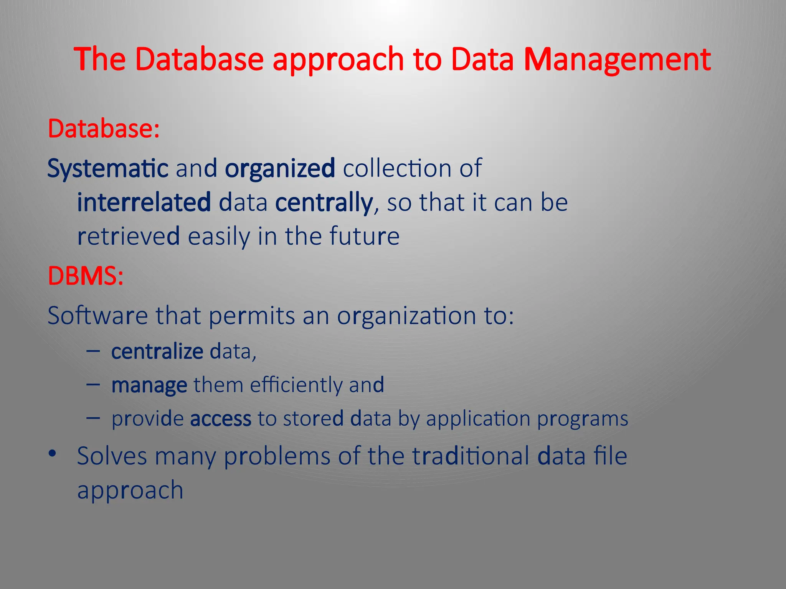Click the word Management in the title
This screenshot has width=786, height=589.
pyautogui.click(x=617, y=59)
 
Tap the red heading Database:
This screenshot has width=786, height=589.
pyautogui.click(x=104, y=129)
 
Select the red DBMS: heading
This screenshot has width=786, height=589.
pyautogui.click(x=86, y=276)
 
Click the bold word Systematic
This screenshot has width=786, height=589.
pyautogui.click(x=108, y=169)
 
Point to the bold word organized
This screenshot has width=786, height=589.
pyautogui.click(x=280, y=169)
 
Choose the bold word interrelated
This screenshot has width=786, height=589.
pyautogui.click(x=144, y=202)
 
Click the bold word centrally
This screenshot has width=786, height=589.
pyautogui.click(x=324, y=202)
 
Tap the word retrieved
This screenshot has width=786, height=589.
pyautogui.click(x=129, y=236)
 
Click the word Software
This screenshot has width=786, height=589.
pyautogui.click(x=97, y=316)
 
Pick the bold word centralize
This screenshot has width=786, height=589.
pyautogui.click(x=157, y=351)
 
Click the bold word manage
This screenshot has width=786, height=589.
pyautogui.click(x=149, y=385)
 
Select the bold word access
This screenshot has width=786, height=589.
pyautogui.click(x=221, y=418)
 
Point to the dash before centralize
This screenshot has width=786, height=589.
pyautogui.click(x=93, y=350)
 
